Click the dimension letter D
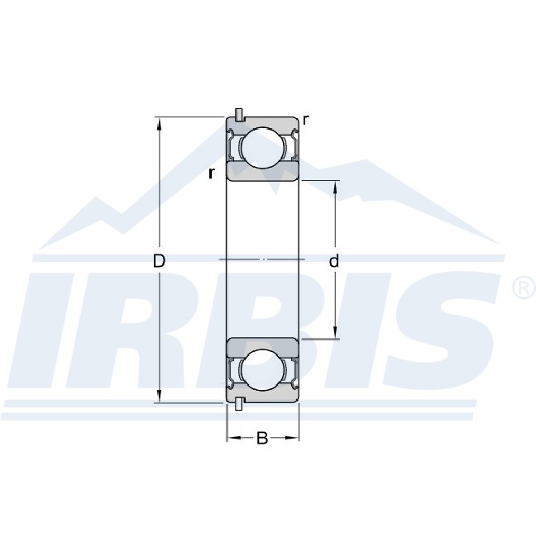pyautogui.click(x=159, y=261)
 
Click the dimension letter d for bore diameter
pyautogui.click(x=333, y=260)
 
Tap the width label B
pyautogui.click(x=262, y=438)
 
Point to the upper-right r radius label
pyautogui.click(x=306, y=121)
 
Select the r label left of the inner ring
pyautogui.click(x=212, y=173)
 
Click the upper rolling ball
pyautogui.click(x=263, y=148)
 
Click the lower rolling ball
pyautogui.click(x=263, y=370)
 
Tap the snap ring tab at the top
pyautogui.click(x=239, y=115)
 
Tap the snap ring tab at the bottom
pyautogui.click(x=239, y=403)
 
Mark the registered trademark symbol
pyautogui.click(x=524, y=288)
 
